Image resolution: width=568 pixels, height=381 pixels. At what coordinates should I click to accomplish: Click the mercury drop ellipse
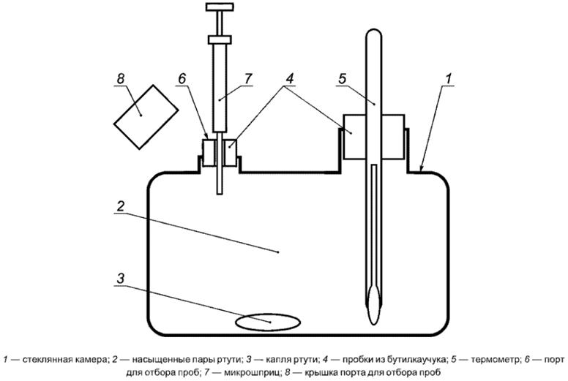tap(266, 320)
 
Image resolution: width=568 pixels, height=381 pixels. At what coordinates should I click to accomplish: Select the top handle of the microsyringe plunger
tap(219, 8)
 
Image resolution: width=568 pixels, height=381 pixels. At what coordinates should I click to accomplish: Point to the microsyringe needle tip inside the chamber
tap(220, 192)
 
